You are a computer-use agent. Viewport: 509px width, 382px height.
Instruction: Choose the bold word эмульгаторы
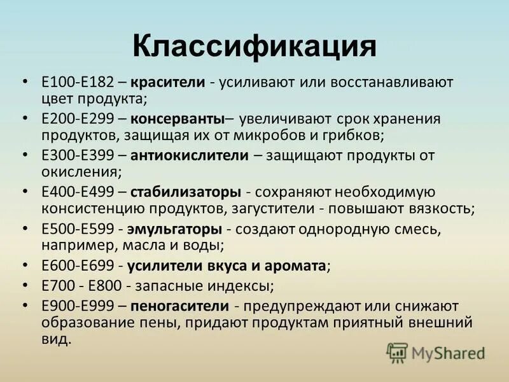point(174,228)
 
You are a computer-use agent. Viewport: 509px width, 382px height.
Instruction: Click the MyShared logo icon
point(397,352)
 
